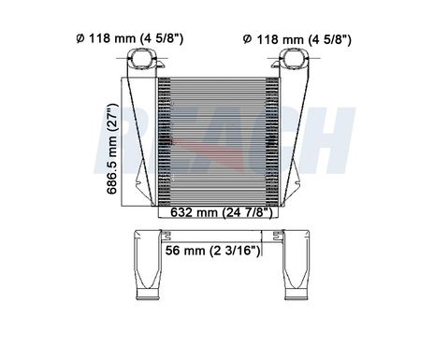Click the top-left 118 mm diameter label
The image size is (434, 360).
point(130,38)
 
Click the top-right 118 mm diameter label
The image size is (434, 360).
point(297,39)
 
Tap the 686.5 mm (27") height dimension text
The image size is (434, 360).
point(112,149)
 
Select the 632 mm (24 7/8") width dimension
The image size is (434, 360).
point(222,212)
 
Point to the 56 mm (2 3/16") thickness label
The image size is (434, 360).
point(212,251)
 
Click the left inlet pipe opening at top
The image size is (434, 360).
point(142,58)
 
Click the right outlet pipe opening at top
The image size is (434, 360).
point(294,58)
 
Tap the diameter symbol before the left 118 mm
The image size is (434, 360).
point(80,38)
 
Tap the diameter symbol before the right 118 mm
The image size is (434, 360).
point(247,39)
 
